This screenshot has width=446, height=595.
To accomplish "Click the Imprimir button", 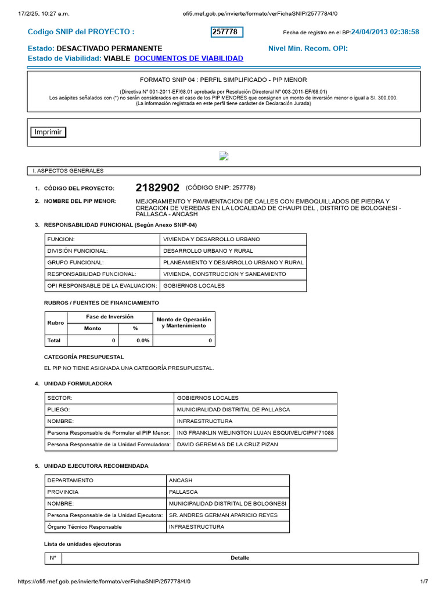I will [48, 132].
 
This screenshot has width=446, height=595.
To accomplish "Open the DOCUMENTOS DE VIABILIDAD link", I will [189, 59].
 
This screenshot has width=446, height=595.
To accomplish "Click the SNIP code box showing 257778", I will [226, 32].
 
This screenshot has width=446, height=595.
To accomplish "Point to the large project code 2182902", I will [157, 188].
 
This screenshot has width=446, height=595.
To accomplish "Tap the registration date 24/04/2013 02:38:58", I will [385, 32].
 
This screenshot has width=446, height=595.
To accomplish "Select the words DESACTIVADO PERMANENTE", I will [110, 48].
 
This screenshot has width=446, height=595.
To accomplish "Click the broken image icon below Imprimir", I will [223, 156].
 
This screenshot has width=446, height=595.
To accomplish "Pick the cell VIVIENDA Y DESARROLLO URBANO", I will [211, 239].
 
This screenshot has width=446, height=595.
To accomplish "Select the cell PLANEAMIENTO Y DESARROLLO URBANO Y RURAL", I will [233, 263].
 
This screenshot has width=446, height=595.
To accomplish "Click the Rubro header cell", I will [56, 322].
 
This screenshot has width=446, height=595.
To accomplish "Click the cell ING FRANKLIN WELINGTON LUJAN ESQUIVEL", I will [256, 433].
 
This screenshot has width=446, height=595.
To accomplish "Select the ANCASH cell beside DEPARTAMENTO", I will [180, 481].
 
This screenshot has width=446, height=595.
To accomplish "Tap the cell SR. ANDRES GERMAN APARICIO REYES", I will [223, 515].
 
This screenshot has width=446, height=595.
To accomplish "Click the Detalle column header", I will [239, 558].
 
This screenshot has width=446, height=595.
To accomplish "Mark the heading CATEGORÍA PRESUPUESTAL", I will [84, 356].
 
